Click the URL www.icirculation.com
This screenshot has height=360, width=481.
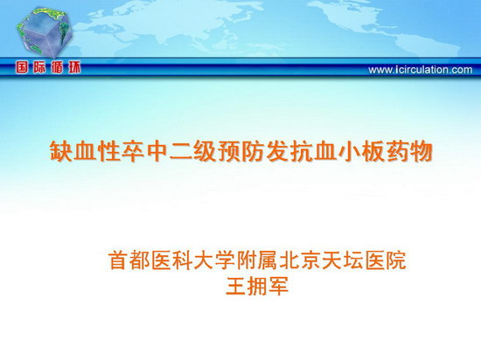[x=421, y=70]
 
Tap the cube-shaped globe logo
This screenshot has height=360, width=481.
[x=45, y=32]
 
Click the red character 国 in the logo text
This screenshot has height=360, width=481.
[x=22, y=67]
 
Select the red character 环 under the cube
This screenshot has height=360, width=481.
[x=74, y=67]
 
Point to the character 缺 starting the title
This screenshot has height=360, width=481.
[x=61, y=151]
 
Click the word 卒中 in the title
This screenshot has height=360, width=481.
[x=145, y=151]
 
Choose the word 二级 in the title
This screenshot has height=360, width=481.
[x=193, y=151]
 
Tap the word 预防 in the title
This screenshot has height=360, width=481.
[x=241, y=151]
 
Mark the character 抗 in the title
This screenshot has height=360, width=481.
[x=301, y=151]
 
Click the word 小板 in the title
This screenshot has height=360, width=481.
[x=361, y=151]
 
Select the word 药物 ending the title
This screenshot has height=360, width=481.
[x=409, y=151]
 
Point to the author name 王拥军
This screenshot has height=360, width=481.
[x=257, y=286]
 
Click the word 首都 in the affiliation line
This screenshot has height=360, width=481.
[x=129, y=260]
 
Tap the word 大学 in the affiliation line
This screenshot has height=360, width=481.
[x=215, y=260]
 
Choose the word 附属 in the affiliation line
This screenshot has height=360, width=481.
[x=257, y=260]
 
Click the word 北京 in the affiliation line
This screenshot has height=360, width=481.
[x=300, y=260]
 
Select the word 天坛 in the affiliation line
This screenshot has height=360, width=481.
[x=343, y=260]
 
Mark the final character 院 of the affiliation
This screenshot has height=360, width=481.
[x=395, y=260]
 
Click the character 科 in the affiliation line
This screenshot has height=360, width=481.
[x=183, y=260]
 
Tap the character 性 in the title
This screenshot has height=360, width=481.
[x=109, y=151]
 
